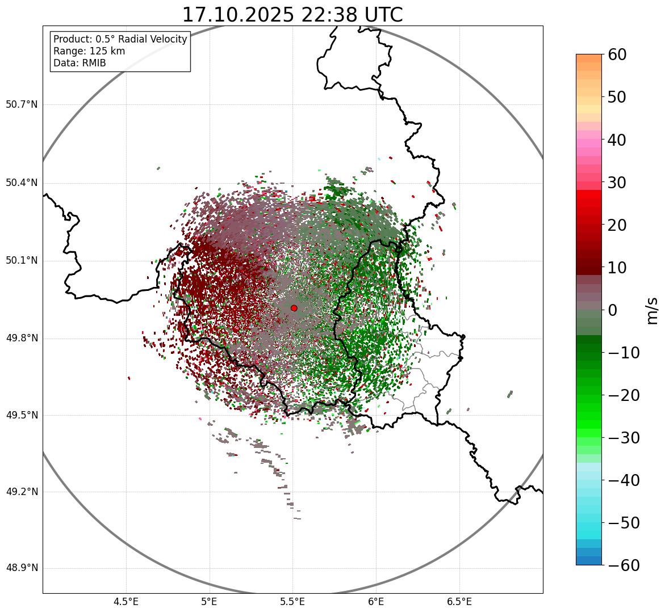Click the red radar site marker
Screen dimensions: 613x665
(294, 308)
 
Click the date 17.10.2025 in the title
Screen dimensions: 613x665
(238, 15)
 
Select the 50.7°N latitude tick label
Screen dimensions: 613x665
(22, 104)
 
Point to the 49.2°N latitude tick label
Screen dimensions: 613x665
(22, 492)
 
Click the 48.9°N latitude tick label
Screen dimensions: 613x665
(22, 568)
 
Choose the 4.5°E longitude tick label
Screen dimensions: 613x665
(126, 602)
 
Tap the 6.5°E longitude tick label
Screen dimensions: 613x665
(459, 602)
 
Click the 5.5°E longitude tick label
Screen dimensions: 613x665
(292, 602)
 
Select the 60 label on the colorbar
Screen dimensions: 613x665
(617, 54)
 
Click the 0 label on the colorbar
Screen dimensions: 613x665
(613, 310)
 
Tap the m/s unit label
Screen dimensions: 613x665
(652, 310)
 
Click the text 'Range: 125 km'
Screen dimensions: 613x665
(89, 51)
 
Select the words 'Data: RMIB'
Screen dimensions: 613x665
(80, 63)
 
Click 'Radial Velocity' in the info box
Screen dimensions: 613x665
(150, 39)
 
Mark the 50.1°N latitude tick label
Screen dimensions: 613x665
(22, 261)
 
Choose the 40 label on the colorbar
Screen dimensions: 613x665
(617, 139)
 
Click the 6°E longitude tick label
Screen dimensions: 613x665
(375, 602)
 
